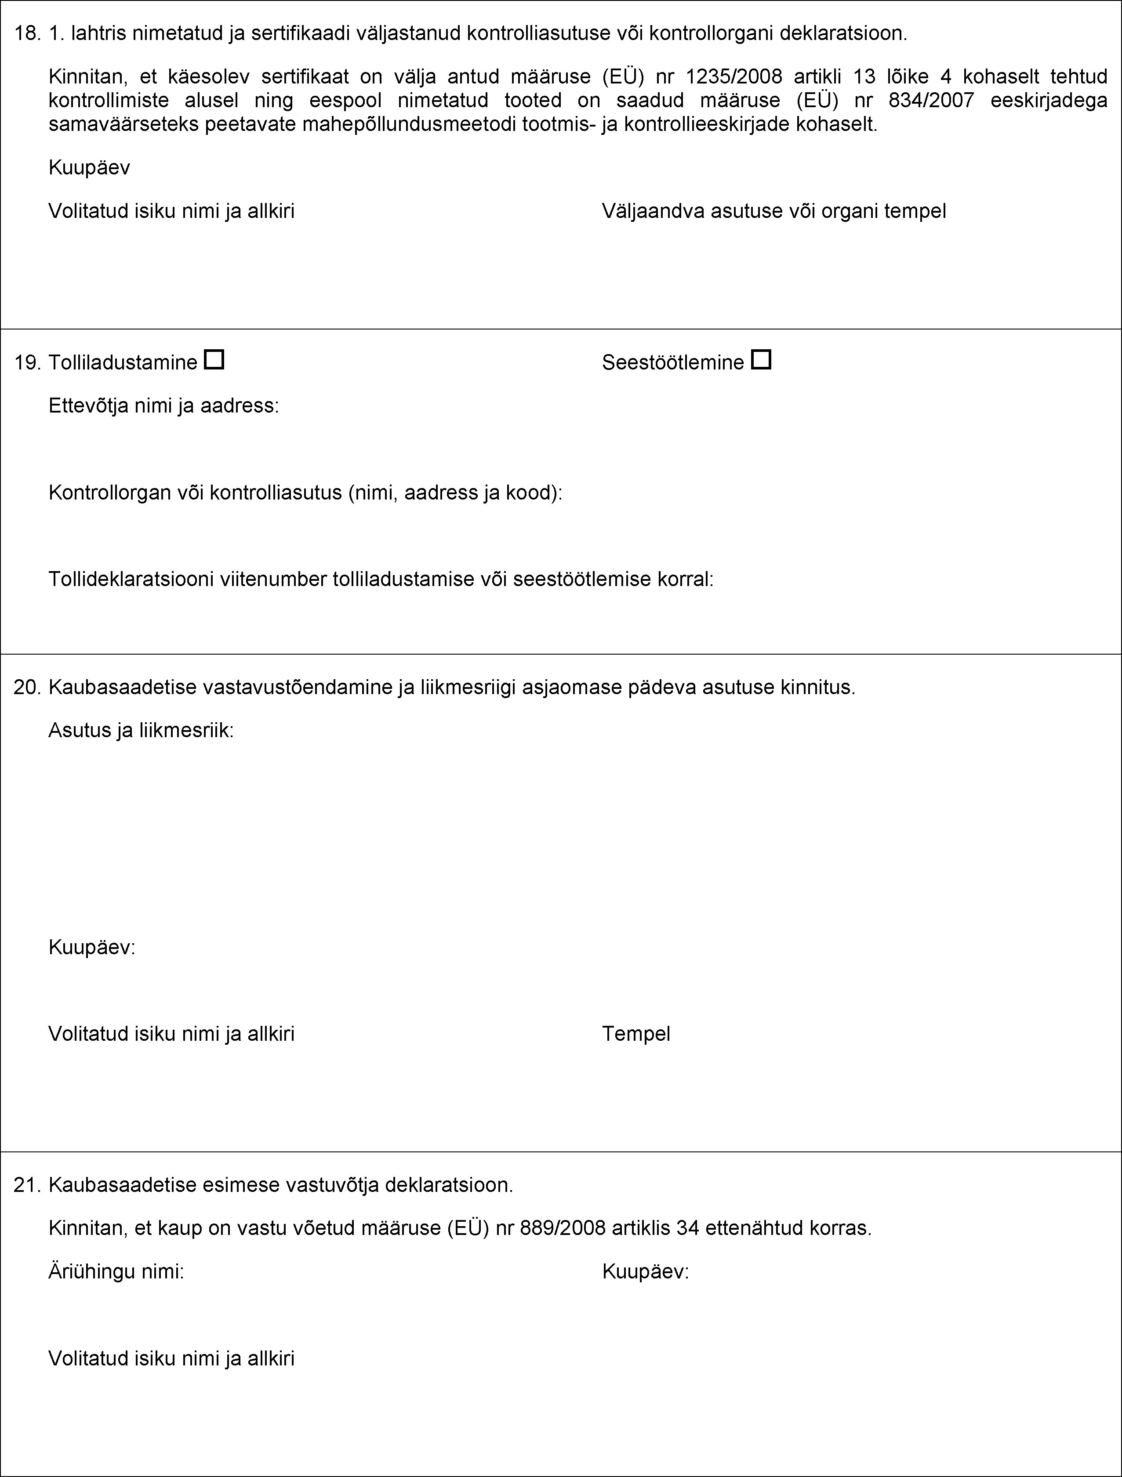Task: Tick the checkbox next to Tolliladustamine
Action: [x=214, y=361]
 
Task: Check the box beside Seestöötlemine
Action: [x=761, y=361]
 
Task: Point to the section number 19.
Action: [x=27, y=362]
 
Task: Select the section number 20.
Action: [x=27, y=687]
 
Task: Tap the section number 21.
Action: [x=27, y=1185]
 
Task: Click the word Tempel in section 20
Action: [x=636, y=1034]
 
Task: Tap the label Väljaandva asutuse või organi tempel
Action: [x=774, y=211]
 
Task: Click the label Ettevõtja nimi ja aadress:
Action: [x=163, y=405]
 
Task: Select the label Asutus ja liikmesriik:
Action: [x=141, y=731]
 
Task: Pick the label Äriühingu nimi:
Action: [x=116, y=1271]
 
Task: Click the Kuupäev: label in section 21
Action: [x=645, y=1271]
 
